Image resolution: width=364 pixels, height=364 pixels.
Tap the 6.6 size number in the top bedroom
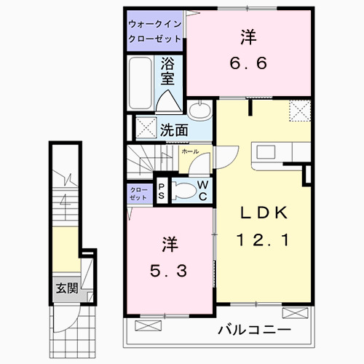pyautogui.click(x=247, y=63)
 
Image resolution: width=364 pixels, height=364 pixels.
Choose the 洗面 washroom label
pyautogui.click(x=175, y=131)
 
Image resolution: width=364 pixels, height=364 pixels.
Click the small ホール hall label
pyautogui.click(x=189, y=151)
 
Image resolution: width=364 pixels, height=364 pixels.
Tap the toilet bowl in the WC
pyautogui.click(x=188, y=191)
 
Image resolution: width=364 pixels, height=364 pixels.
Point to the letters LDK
pyautogui.click(x=266, y=212)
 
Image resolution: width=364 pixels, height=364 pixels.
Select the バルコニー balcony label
pyautogui.click(x=254, y=330)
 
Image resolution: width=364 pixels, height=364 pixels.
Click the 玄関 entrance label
pyautogui.click(x=67, y=288)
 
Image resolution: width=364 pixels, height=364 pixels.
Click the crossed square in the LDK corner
pyautogui.click(x=298, y=111)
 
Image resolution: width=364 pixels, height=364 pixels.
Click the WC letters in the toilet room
pyautogui.click(x=203, y=191)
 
